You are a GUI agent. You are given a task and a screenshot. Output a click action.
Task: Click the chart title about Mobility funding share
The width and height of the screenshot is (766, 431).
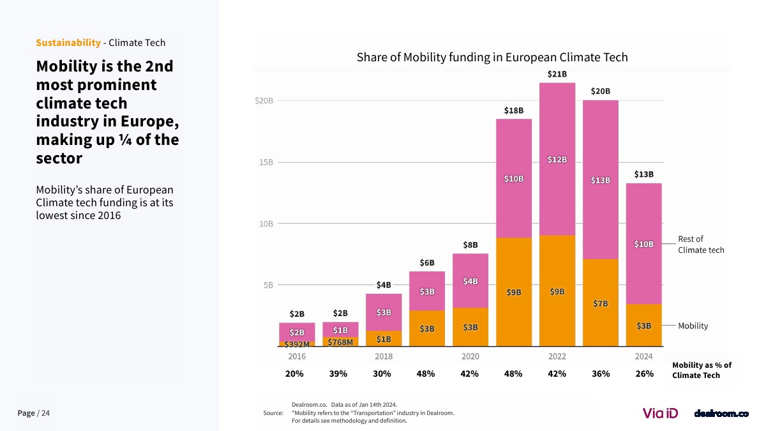click(492, 57)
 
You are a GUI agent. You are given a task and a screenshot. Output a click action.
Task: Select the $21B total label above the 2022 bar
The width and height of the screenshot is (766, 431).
click(557, 74)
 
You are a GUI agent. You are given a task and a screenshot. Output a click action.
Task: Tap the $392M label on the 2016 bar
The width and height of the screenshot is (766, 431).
click(297, 345)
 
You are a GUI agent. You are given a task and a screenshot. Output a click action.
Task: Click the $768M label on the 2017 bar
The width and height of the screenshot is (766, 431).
click(340, 342)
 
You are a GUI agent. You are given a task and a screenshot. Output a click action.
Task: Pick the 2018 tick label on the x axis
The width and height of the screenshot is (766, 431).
click(384, 356)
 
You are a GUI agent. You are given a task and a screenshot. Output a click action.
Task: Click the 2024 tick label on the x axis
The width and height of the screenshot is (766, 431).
click(643, 356)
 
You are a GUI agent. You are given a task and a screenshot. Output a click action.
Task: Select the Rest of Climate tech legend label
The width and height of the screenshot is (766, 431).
click(701, 245)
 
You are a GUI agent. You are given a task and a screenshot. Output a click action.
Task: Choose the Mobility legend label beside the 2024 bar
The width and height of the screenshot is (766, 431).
click(693, 326)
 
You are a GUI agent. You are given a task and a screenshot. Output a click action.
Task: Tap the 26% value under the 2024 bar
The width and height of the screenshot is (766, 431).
click(644, 374)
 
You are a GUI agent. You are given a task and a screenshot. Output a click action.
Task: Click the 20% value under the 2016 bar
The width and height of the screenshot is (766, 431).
click(294, 374)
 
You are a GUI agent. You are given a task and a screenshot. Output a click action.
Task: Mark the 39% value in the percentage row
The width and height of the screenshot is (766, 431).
click(338, 374)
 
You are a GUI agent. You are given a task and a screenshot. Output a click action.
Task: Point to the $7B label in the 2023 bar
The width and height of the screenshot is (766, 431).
click(600, 303)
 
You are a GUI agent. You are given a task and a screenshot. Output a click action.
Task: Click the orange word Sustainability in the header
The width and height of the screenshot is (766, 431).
click(68, 43)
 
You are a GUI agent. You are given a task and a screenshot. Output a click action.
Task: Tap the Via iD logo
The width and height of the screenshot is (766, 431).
click(660, 413)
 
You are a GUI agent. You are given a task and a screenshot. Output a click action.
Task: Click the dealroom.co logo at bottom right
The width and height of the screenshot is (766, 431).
click(721, 414)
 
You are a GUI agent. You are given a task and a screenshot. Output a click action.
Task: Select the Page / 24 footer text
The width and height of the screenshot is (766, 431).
click(33, 413)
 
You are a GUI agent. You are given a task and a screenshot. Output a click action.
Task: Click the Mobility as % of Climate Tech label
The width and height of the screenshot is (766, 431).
click(702, 370)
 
